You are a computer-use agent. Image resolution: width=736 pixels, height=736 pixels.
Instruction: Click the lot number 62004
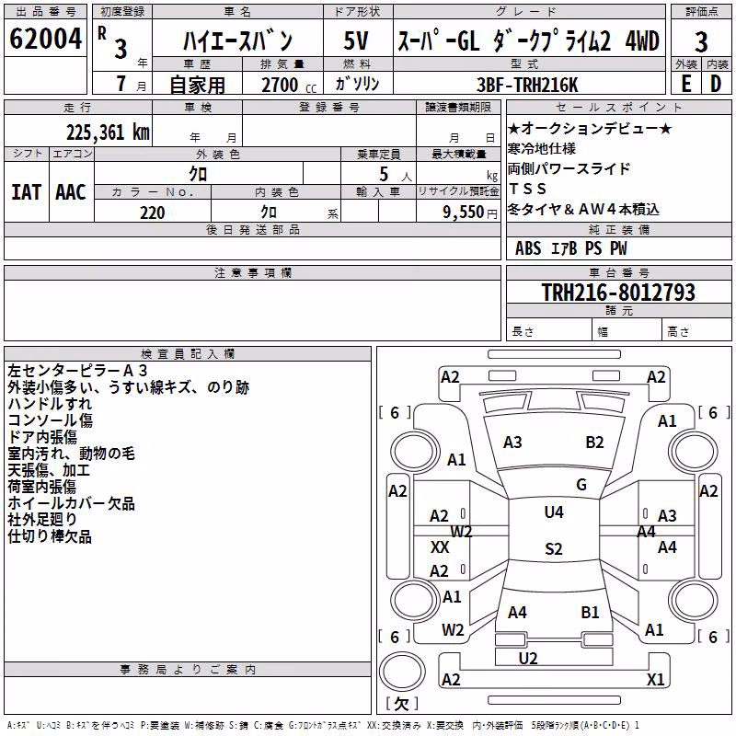pos(45,39)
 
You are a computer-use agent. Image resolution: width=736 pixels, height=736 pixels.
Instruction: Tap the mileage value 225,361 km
pos(108,132)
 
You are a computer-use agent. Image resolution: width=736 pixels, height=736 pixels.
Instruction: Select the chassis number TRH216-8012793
pos(618,292)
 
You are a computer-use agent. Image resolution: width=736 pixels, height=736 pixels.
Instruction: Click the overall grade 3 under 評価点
pos(701,42)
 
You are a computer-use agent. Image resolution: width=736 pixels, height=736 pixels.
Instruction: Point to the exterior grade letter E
pos(685,84)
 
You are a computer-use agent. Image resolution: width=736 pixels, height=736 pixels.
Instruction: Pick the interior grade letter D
pos(716,84)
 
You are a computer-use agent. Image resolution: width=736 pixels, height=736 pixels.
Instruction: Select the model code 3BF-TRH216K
pos(527,85)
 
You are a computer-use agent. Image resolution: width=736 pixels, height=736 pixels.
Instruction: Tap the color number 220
pos(153,213)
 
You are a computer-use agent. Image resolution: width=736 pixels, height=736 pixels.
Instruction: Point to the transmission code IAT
pos(26,192)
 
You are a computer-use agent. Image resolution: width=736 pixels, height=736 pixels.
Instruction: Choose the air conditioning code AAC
pos(71,192)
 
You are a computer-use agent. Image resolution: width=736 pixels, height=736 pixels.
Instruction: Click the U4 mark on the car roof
pos(554,512)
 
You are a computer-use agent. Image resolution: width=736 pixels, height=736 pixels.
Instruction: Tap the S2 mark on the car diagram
pos(554,548)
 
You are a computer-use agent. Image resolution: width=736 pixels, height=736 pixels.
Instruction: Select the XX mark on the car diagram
pos(440,546)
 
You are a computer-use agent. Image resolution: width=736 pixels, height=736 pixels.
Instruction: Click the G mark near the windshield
pos(581,485)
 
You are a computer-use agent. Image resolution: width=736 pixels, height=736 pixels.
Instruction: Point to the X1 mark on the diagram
pos(655,679)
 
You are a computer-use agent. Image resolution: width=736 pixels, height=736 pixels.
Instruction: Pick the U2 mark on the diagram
pos(528,659)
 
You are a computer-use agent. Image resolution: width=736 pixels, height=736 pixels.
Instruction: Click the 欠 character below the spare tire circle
pos(402,703)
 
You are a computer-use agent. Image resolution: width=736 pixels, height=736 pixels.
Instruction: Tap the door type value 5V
pos(356,40)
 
